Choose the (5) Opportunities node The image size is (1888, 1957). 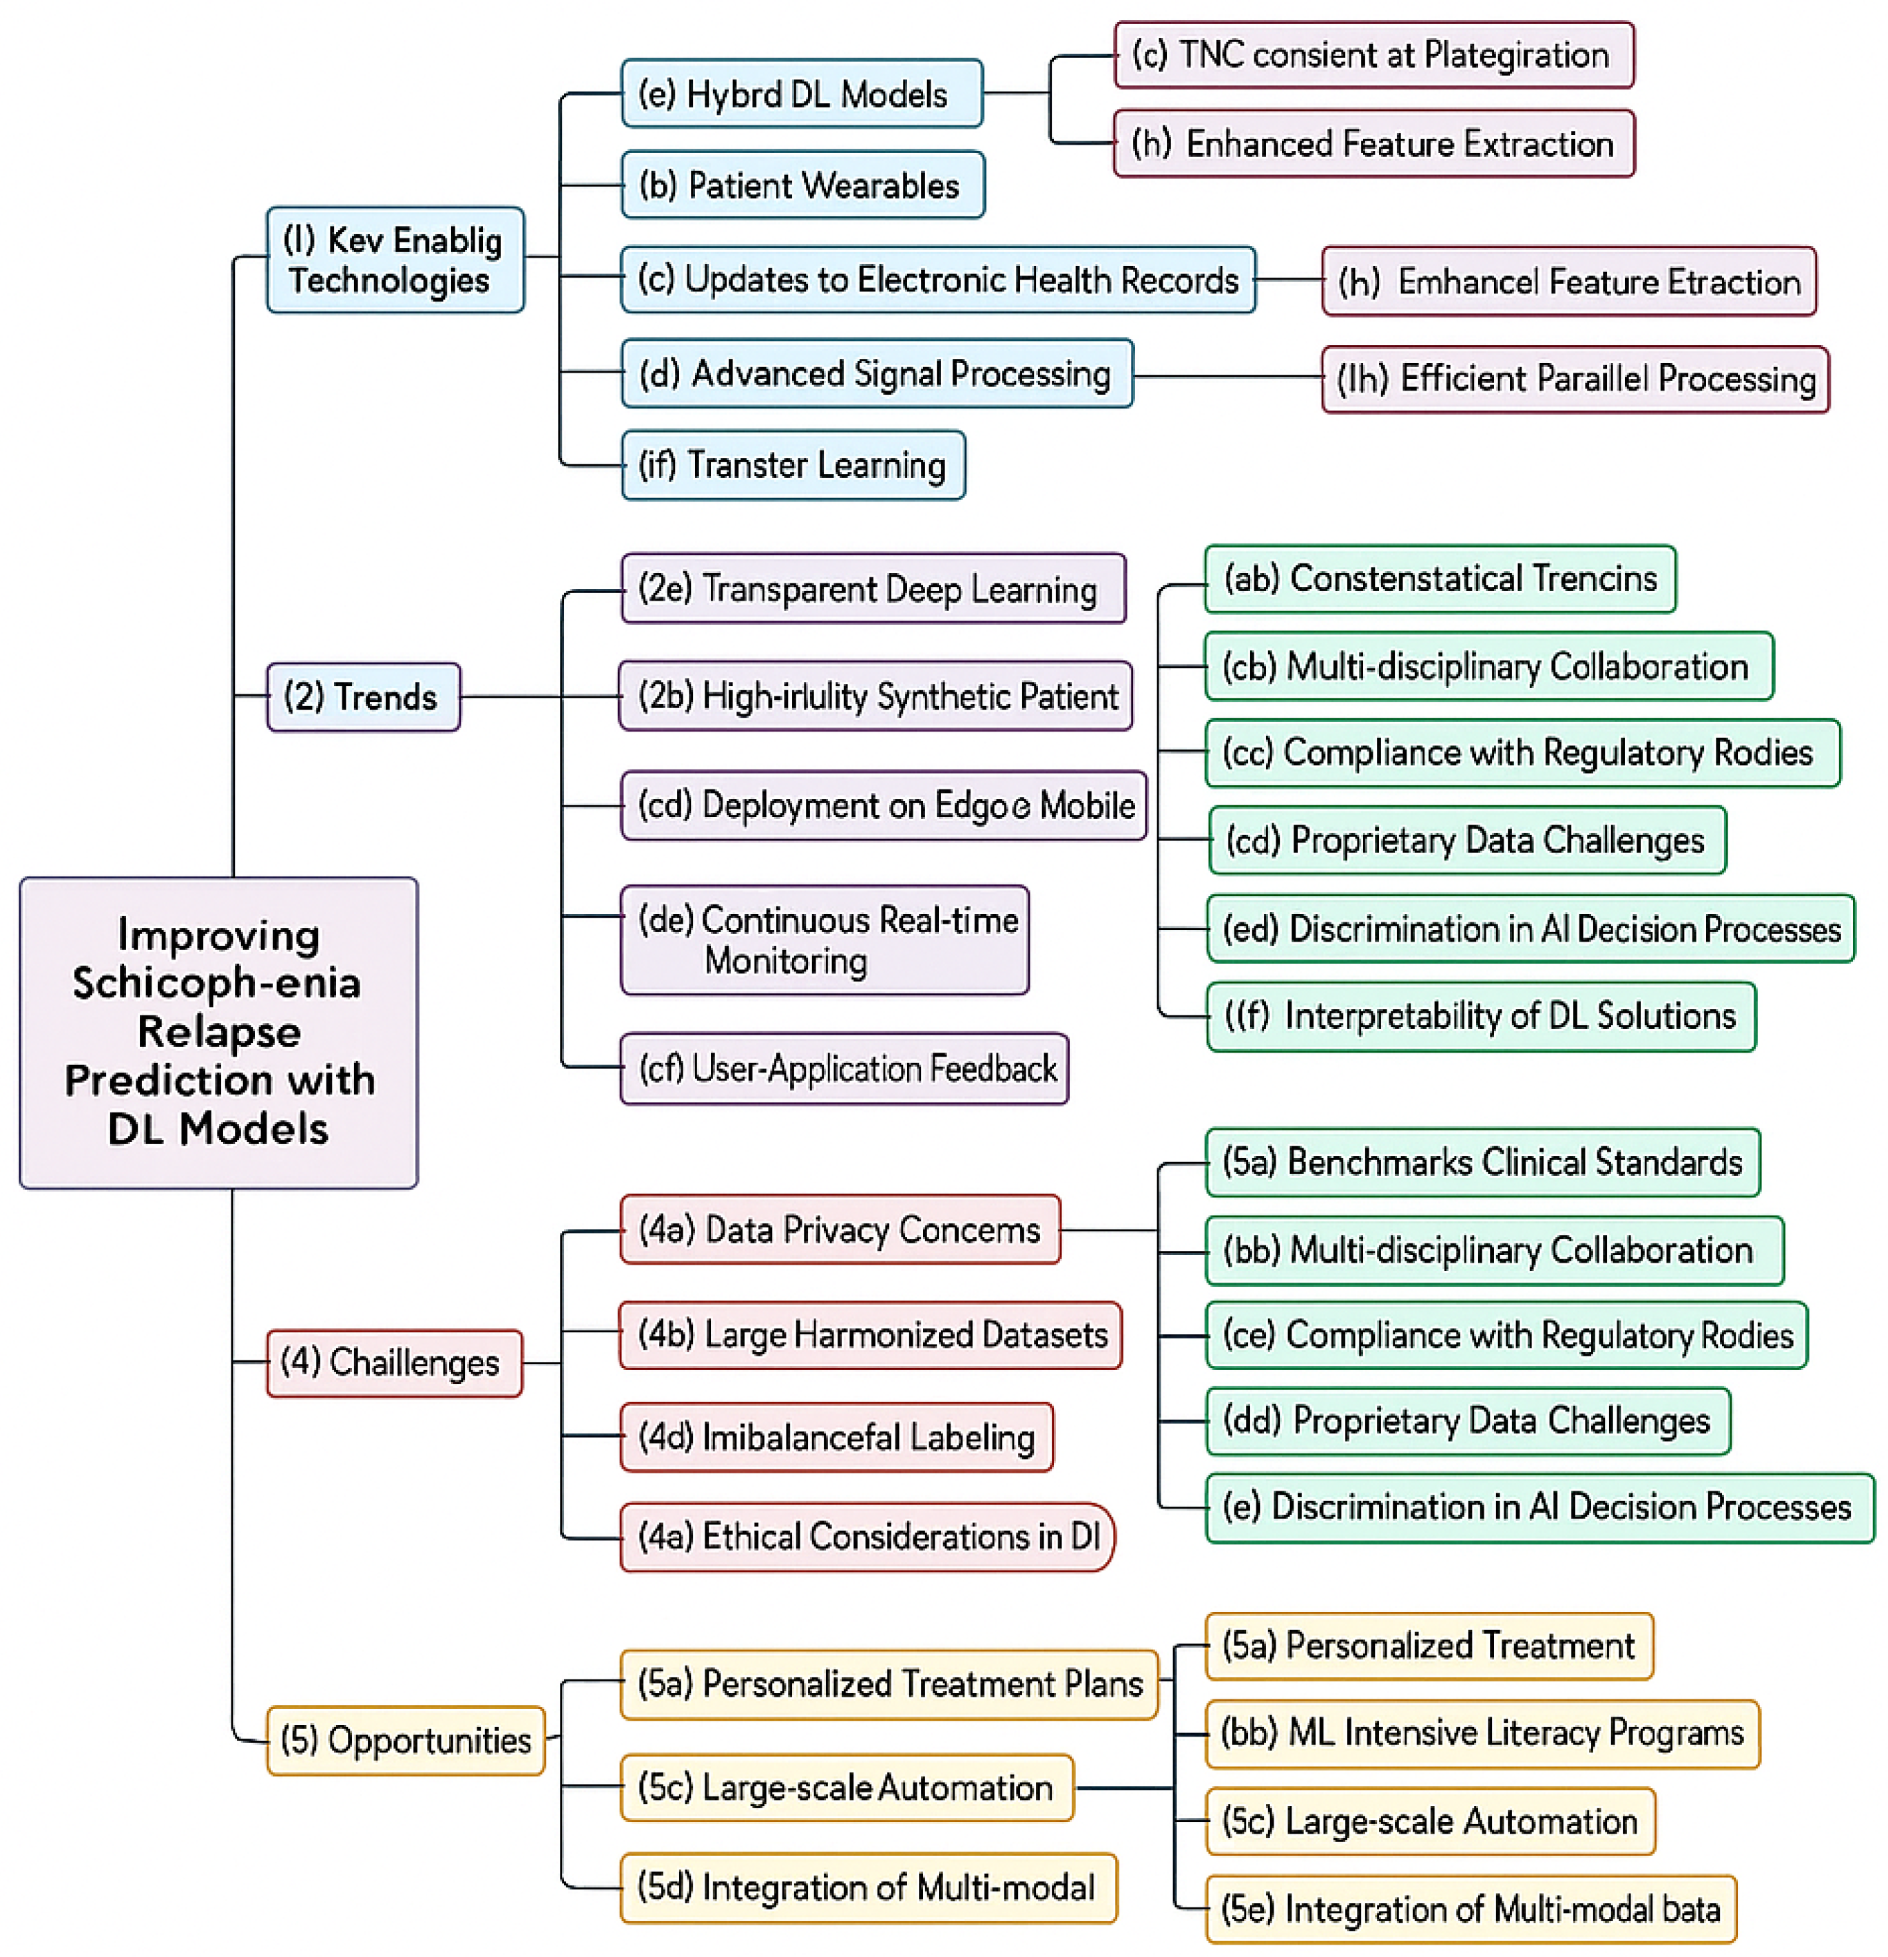[x=405, y=1739]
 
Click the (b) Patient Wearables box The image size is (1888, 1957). [x=802, y=185]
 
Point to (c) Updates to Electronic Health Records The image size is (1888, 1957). [x=937, y=280]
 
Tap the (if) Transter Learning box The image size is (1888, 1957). [x=793, y=465]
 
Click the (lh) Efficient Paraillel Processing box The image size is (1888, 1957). [x=1575, y=380]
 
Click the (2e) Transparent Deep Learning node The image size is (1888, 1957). [x=873, y=589]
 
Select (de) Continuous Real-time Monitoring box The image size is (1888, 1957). [x=824, y=940]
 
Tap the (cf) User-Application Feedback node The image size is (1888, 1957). [x=844, y=1068]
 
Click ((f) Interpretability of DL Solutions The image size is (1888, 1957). [x=1481, y=1017]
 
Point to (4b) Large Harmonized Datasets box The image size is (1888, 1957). [x=870, y=1335]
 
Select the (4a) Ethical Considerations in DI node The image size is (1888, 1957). [x=866, y=1537]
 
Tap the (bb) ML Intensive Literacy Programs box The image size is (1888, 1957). [x=1482, y=1733]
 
